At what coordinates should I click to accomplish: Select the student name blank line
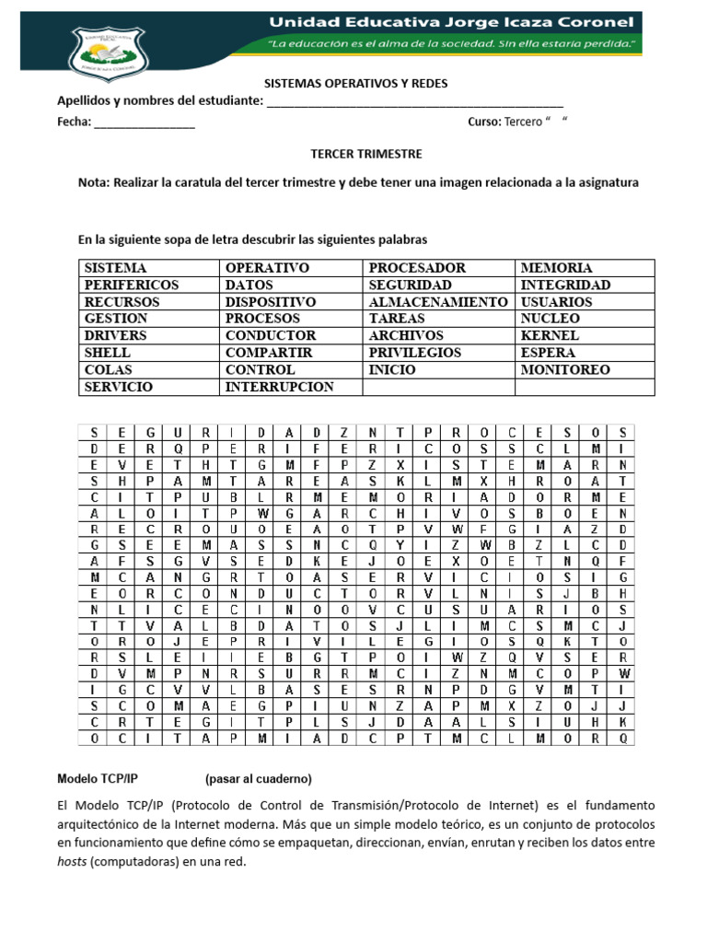click(414, 101)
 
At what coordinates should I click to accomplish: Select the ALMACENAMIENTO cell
click(437, 302)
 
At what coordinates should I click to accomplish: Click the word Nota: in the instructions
click(95, 183)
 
